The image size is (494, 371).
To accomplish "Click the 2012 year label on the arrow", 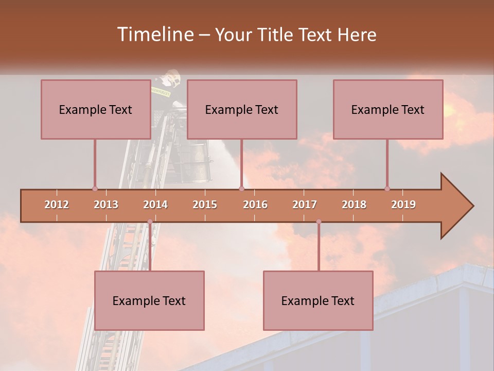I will [57, 205].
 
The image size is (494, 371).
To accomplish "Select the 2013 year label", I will [106, 205].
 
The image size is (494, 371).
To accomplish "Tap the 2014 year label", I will [155, 205].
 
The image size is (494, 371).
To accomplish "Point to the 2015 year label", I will [205, 205].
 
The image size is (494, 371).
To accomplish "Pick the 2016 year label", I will [255, 205].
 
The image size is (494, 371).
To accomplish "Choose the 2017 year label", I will [305, 205].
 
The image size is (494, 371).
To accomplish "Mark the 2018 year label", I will [354, 205].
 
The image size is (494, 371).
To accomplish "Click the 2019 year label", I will [403, 205].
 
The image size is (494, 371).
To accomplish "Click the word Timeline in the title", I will [154, 35].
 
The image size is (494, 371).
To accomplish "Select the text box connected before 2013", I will [96, 109].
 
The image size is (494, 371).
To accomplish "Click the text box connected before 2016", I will [242, 109].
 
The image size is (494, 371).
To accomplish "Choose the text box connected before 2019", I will [388, 109].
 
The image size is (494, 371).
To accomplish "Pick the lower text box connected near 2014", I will [149, 300].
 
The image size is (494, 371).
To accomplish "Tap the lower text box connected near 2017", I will [318, 300].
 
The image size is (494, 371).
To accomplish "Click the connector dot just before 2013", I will [95, 189].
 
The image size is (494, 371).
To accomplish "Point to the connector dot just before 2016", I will [241, 189].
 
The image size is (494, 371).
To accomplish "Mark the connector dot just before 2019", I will [387, 189].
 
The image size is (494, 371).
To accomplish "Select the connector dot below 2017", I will [319, 222].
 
